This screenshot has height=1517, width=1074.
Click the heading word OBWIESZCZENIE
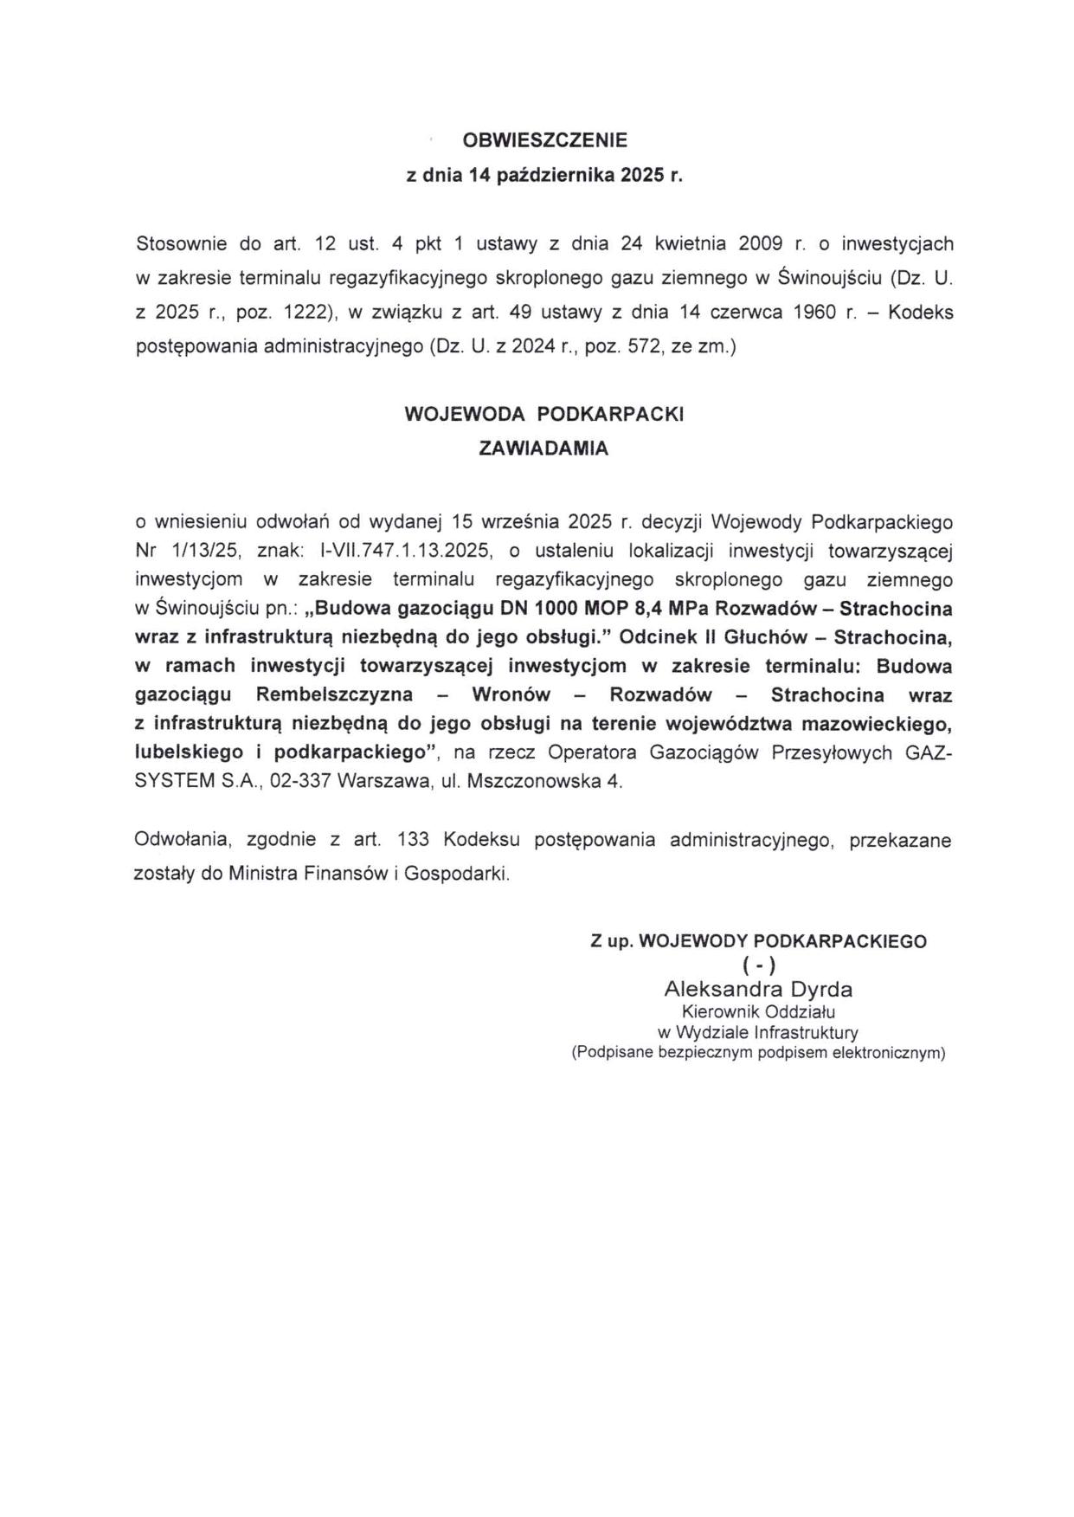545,139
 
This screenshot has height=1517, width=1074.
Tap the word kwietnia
691,243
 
